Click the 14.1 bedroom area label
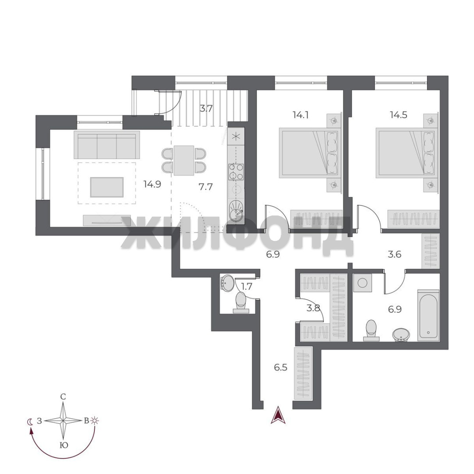(301, 115)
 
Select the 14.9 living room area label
(152, 184)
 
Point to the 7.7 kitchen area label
(205, 187)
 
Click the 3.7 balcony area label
(205, 108)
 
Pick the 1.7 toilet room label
(247, 286)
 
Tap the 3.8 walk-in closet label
(313, 308)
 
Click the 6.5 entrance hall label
(280, 368)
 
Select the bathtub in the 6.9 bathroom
(428, 315)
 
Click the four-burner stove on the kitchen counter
(236, 172)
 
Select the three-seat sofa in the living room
(107, 145)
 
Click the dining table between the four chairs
(184, 160)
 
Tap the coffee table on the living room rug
(107, 187)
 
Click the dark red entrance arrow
(278, 415)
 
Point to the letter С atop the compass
(63, 397)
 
